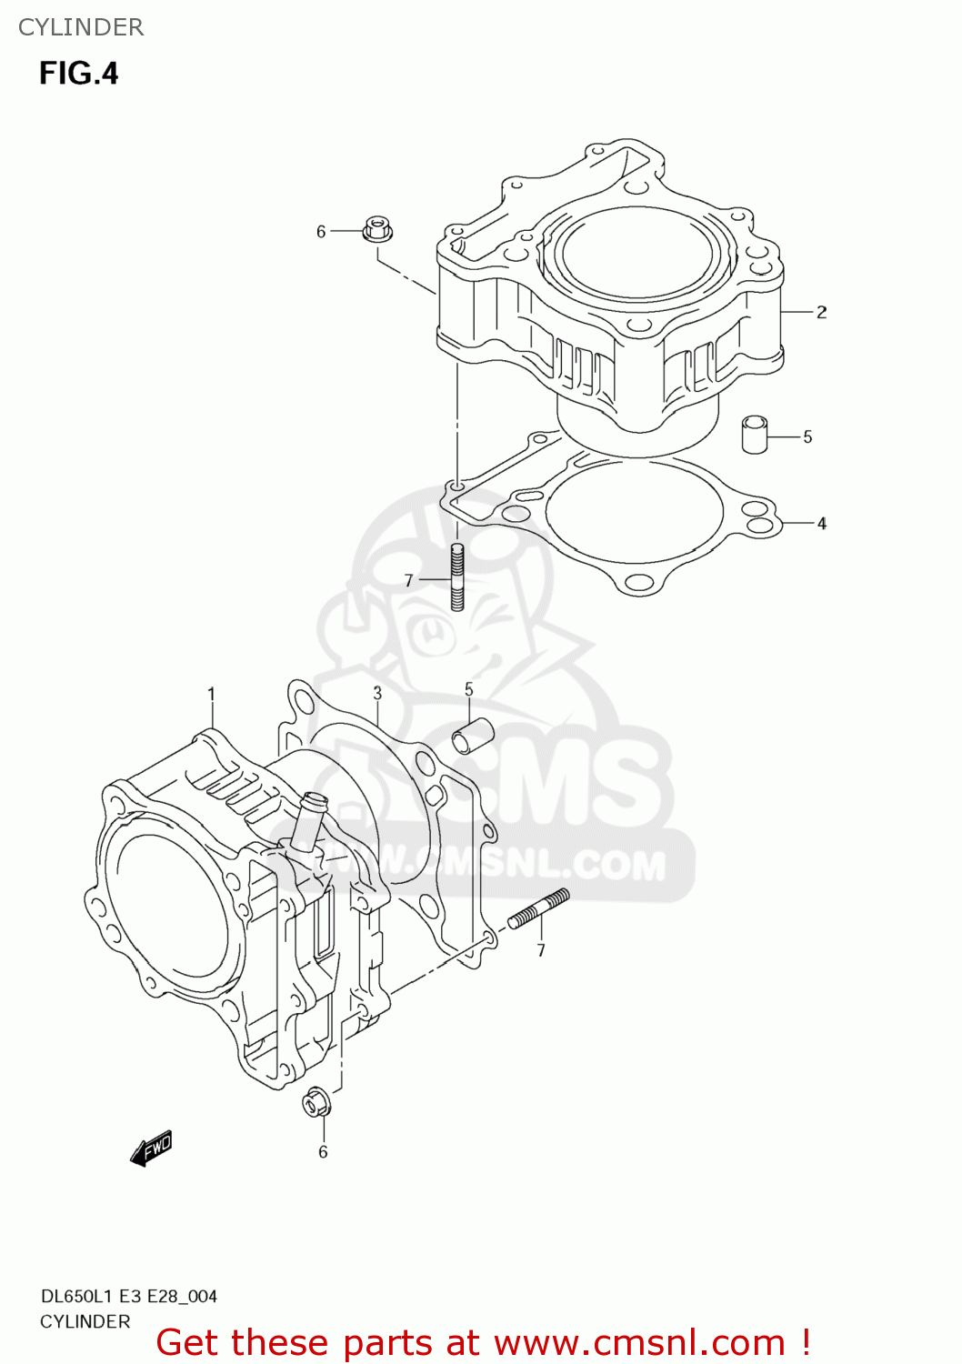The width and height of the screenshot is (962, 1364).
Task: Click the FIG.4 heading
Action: [x=79, y=73]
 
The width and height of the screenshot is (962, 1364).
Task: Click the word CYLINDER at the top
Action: [x=81, y=27]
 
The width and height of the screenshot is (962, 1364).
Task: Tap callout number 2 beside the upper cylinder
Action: [x=821, y=312]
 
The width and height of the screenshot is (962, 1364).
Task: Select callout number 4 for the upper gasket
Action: [x=821, y=524]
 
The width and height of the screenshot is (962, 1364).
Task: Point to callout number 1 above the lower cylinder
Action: [x=211, y=695]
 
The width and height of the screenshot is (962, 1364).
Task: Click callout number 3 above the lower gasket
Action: [x=377, y=694]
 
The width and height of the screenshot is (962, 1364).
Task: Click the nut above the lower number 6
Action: [x=316, y=1103]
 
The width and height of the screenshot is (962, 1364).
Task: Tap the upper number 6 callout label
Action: [x=321, y=232]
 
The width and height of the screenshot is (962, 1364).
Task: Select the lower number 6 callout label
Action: [x=323, y=1152]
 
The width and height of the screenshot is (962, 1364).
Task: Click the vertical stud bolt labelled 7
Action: [x=457, y=577]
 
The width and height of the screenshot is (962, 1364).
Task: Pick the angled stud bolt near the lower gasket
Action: [x=538, y=908]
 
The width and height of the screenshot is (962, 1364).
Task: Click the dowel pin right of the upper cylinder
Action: [x=754, y=434]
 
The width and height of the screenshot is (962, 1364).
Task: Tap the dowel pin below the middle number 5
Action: [x=473, y=736]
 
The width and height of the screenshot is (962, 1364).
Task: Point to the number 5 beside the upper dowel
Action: [x=807, y=437]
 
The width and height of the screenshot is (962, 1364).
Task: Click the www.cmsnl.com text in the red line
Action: [x=639, y=1342]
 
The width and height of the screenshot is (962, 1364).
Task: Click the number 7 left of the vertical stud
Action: [x=409, y=580]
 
